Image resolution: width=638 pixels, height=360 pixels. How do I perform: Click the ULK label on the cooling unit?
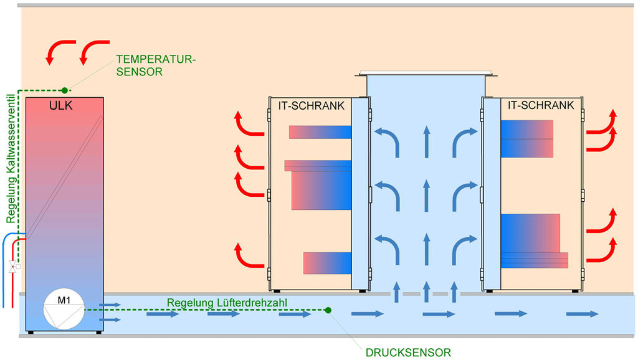61,106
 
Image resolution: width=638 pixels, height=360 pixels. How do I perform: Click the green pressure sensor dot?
328,310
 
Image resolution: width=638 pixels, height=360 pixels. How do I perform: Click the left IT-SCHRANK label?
311,106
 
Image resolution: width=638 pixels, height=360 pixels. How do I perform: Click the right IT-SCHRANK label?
541,106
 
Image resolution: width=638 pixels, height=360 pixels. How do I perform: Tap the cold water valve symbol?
13,267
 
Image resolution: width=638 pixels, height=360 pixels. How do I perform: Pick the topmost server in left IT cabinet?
320,132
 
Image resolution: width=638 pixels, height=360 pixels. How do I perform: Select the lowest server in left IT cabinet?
327,263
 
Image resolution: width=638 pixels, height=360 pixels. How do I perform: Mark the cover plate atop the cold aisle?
426,74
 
